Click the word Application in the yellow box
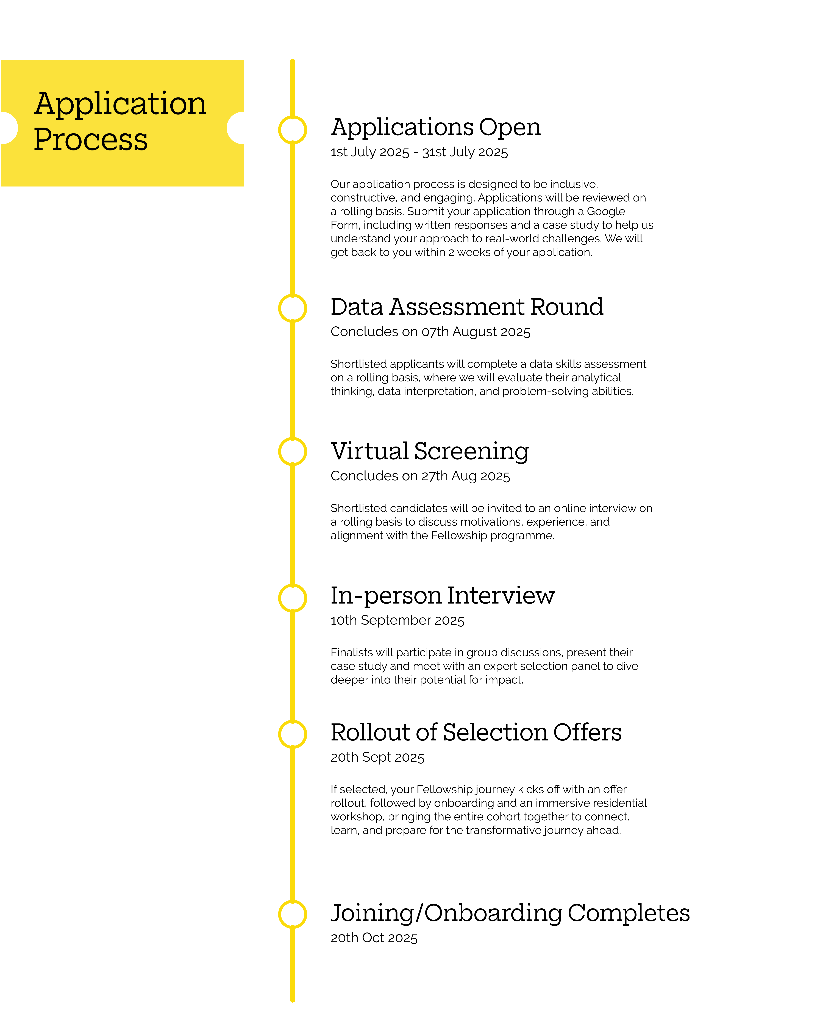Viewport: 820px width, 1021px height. point(120,104)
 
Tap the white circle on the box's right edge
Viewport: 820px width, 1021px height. point(243,128)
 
